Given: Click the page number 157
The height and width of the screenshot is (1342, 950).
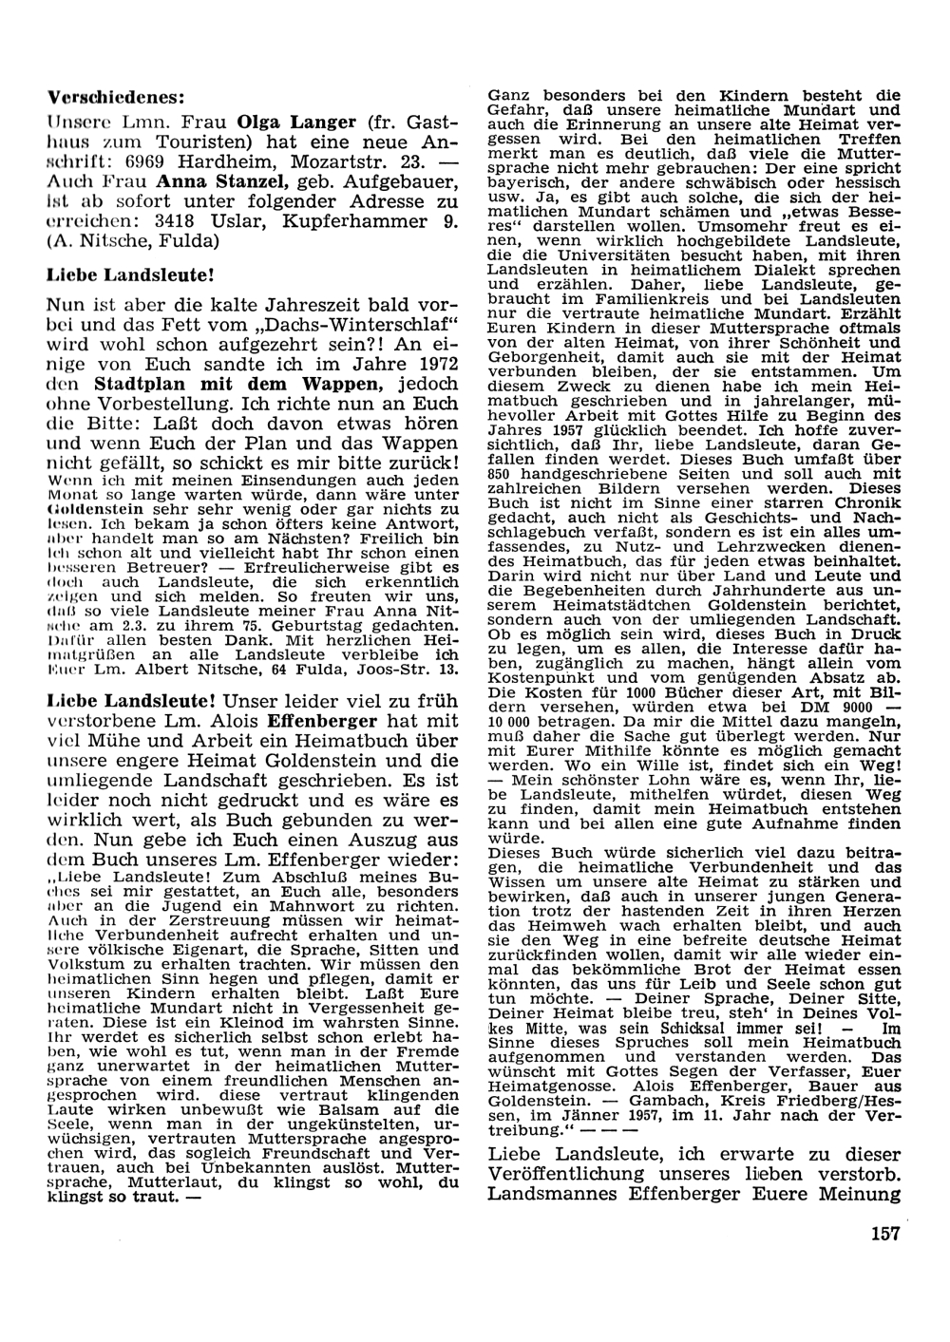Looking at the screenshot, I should [x=883, y=1235].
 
